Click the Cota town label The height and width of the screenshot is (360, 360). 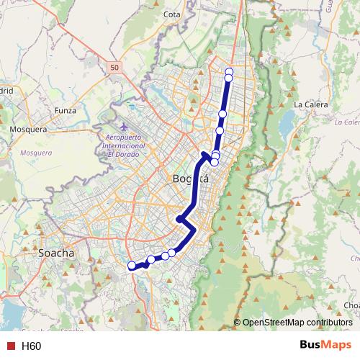[171, 14]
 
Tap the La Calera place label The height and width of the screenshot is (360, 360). [311, 104]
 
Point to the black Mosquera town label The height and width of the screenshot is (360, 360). [27, 130]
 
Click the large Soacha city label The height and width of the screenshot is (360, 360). [55, 253]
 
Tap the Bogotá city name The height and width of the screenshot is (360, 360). [191, 179]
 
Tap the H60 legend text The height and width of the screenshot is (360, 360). [31, 346]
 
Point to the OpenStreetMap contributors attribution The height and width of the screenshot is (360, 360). [297, 323]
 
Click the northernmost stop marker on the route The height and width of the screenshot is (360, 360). [229, 71]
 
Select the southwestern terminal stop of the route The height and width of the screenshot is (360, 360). [132, 266]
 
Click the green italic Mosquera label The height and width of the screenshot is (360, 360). [36, 153]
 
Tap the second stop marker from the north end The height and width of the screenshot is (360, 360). [229, 78]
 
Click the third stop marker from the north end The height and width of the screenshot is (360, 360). [222, 114]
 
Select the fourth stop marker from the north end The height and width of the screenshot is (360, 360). [220, 130]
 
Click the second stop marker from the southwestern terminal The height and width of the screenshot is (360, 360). [150, 259]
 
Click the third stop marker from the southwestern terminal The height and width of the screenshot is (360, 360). [165, 255]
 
